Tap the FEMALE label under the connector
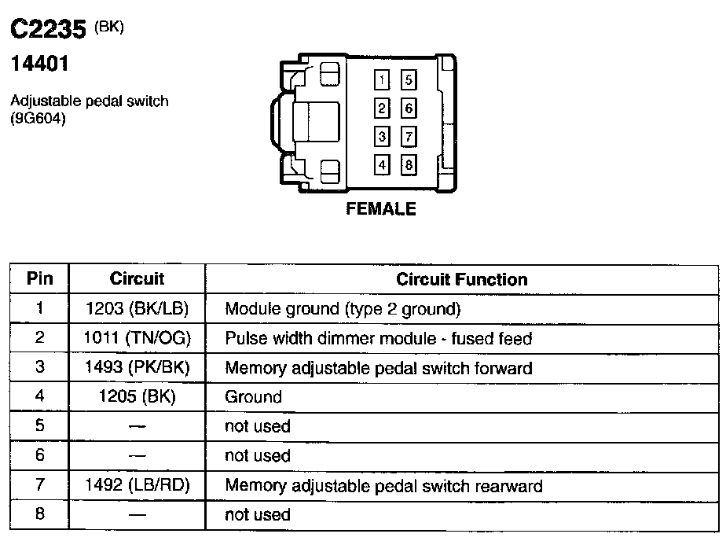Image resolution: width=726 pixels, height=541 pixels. click(381, 209)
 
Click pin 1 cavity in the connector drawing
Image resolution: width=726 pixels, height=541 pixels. click(381, 80)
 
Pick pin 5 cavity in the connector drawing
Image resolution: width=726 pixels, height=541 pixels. click(409, 80)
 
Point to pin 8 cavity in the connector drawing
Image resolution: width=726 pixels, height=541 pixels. click(409, 165)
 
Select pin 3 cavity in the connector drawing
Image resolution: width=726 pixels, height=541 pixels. click(381, 137)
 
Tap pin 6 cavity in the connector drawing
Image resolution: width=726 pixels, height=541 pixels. click(409, 109)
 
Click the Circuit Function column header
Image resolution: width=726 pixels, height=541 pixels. click(462, 279)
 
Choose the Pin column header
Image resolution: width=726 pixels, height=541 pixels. click(39, 279)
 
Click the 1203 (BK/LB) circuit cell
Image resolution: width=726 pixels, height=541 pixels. click(137, 308)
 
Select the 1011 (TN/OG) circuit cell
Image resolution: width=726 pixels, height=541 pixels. click(137, 338)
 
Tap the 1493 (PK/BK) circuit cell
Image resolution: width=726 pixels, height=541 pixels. click(137, 367)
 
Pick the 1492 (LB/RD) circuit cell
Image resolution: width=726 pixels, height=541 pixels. click(137, 486)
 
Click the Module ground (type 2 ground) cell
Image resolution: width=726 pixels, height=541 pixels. click(343, 308)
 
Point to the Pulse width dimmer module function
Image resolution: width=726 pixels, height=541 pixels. click(379, 338)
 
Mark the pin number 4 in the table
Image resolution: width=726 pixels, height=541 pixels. click(39, 397)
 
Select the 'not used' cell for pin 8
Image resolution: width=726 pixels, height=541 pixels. click(258, 515)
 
